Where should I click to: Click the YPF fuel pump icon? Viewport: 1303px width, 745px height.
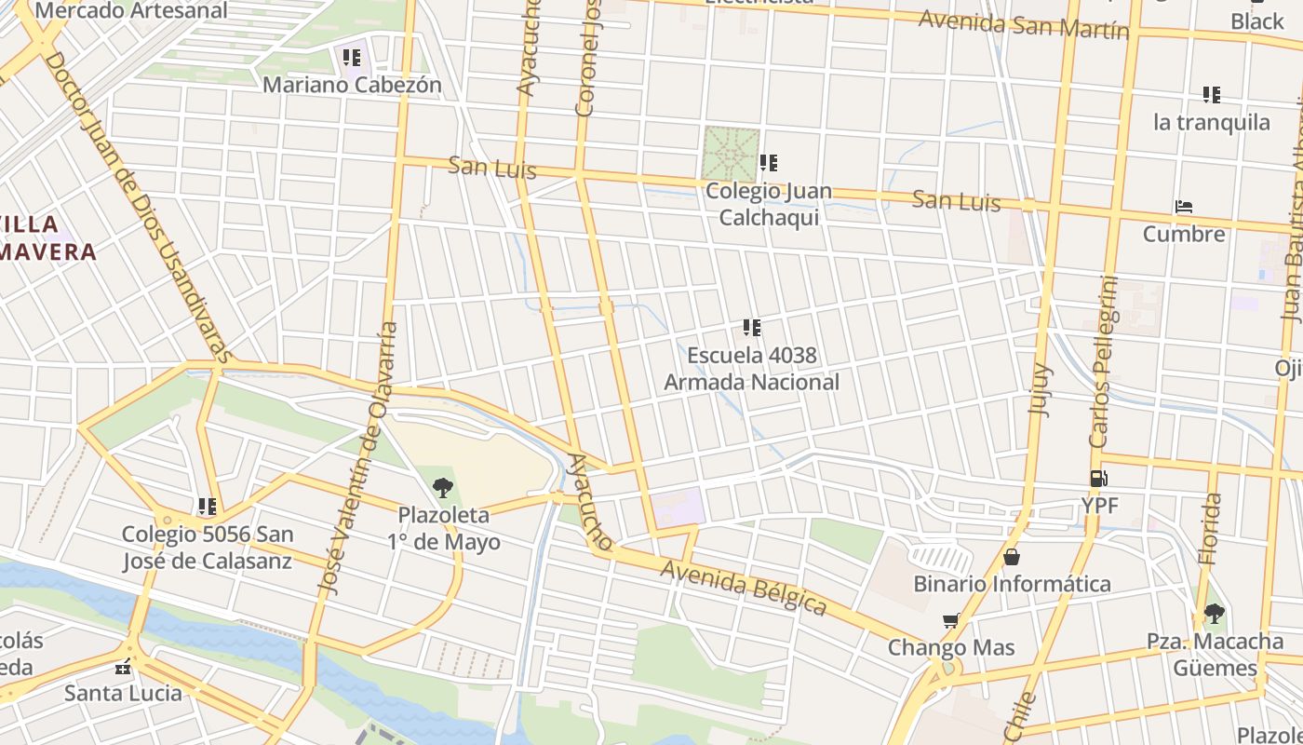point(1098,479)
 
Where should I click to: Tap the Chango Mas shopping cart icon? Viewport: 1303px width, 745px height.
point(950,621)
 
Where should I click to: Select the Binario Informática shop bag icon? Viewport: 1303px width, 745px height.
point(1012,557)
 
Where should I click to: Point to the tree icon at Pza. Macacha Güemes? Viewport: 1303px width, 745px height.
point(1214,614)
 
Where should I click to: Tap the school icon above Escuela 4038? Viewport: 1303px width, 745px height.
point(752,328)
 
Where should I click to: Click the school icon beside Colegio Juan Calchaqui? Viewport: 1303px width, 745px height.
point(768,163)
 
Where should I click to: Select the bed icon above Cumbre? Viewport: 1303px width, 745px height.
point(1184,207)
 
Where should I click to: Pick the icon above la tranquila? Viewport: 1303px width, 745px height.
point(1211,94)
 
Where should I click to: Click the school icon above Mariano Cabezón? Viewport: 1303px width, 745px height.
point(352,58)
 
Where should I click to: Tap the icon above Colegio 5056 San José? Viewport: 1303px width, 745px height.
point(207,507)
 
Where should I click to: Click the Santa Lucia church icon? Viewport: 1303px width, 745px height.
point(122,667)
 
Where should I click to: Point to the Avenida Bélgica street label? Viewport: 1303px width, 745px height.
point(743,587)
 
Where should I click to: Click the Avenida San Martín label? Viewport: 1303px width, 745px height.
point(1024,25)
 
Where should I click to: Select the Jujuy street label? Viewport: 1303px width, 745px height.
point(1039,391)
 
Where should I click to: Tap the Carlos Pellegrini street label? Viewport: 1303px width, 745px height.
point(1103,363)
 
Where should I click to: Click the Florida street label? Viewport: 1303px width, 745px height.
point(1209,529)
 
